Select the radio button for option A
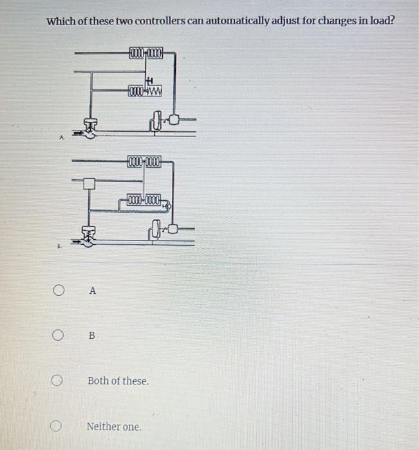click(x=58, y=291)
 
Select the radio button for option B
click(x=58, y=335)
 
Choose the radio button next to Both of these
click(x=58, y=380)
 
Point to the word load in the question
click(x=377, y=21)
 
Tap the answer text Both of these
click(x=118, y=381)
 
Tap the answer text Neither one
click(x=113, y=426)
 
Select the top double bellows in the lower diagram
click(x=145, y=161)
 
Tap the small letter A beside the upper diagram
click(x=62, y=137)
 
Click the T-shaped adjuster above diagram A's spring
click(x=149, y=80)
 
